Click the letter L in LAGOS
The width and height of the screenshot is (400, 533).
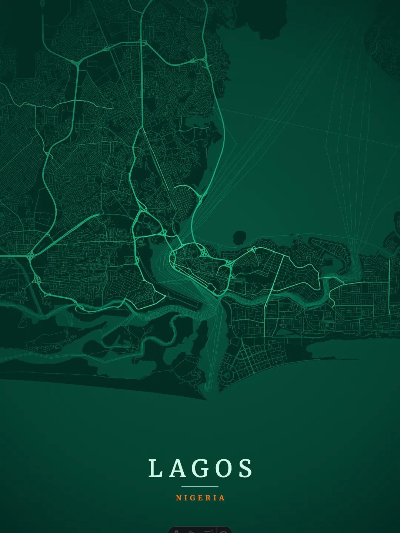(155, 469)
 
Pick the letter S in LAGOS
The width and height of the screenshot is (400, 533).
(245, 469)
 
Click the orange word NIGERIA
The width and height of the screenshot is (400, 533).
(200, 498)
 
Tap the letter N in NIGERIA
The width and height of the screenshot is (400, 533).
(178, 498)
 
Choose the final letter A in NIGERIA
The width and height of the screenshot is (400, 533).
(222, 498)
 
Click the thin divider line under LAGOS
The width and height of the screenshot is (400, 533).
(200, 486)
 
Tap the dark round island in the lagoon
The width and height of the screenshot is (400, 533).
(240, 237)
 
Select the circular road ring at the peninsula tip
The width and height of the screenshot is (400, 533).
(226, 375)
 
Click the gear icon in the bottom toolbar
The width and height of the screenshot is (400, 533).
(223, 532)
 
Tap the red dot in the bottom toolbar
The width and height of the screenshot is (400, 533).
(212, 530)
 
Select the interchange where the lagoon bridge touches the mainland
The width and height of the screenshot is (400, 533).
(202, 194)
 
